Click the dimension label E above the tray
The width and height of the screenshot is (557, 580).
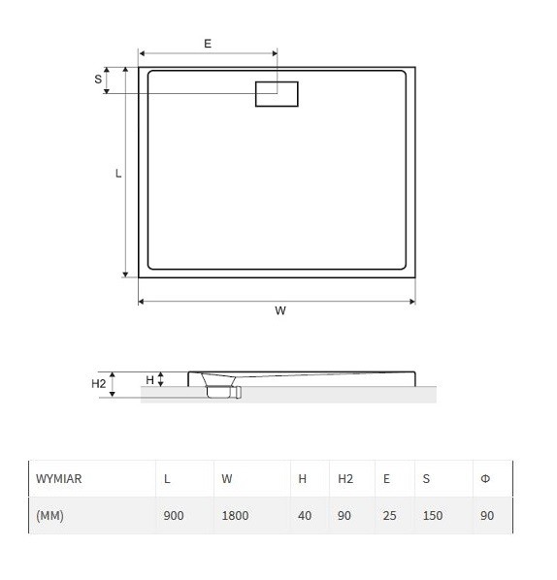208,44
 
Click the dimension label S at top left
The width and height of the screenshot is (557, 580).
98,79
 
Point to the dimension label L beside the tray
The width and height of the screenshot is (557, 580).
118,174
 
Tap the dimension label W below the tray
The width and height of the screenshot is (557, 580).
279,311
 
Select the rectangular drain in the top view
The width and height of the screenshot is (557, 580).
277,94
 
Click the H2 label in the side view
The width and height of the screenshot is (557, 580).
98,384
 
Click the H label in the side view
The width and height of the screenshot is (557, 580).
149,379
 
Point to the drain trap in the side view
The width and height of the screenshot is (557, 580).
221,389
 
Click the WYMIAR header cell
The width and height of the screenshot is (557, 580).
59,479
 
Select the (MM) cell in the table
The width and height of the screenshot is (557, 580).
49,516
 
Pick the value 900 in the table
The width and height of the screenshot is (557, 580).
174,516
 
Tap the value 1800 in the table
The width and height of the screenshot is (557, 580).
235,516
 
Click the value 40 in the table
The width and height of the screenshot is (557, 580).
305,516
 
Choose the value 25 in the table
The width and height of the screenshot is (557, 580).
389,516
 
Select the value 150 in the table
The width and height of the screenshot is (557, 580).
433,516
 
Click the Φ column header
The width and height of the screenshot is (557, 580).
485,479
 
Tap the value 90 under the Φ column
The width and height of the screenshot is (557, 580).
487,516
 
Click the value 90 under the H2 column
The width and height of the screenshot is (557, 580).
344,516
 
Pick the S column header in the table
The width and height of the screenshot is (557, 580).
426,479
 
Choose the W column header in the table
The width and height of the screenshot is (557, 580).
227,479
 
